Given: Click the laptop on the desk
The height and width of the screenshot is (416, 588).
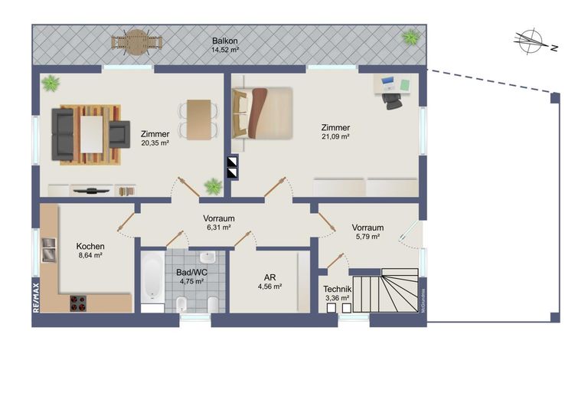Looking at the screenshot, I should point(387,81).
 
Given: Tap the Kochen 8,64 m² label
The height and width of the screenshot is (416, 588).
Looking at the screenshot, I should point(90,251).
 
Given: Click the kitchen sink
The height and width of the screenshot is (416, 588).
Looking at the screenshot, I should point(48,248).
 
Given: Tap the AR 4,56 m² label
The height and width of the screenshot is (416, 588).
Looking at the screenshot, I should point(269,282).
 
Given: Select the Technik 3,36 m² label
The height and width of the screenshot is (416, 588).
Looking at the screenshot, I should point(337,293).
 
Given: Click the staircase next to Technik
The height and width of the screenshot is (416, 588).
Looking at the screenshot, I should point(387,291).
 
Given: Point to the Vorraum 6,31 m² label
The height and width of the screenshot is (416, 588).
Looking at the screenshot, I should point(218,222).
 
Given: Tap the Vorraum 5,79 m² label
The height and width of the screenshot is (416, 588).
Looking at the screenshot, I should point(367,232).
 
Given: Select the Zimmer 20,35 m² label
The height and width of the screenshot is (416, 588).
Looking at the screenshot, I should point(155,138).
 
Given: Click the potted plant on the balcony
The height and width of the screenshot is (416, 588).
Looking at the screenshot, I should point(411,36).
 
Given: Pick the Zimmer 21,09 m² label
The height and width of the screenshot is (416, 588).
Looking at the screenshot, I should point(335,132).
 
